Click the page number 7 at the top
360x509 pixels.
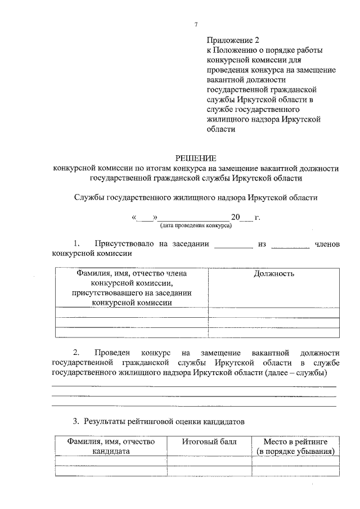coord(195,24)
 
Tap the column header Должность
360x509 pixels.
coord(273,274)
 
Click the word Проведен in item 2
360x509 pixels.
coord(115,352)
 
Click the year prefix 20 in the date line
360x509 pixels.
coord(235,217)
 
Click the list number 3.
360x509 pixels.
coord(76,421)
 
